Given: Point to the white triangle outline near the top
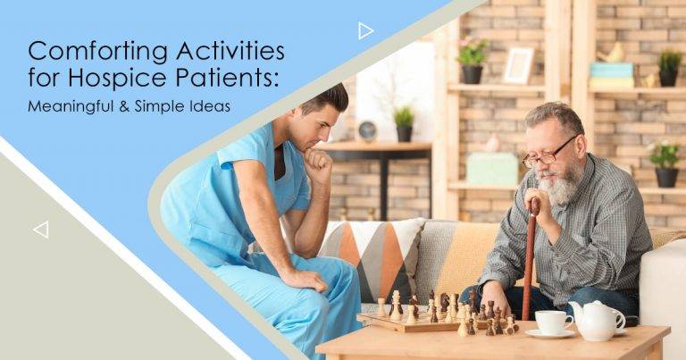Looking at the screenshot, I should [365, 31].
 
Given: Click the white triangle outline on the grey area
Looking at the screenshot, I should [41, 230].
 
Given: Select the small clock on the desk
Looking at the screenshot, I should [367, 131].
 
